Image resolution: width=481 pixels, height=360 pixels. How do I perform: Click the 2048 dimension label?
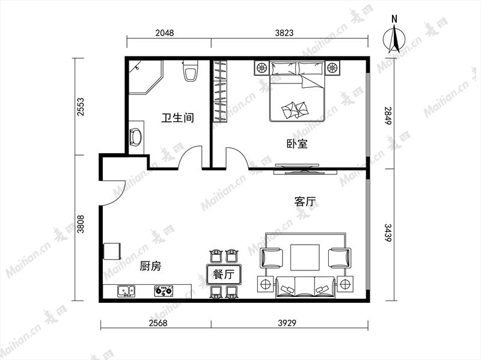point(164,32)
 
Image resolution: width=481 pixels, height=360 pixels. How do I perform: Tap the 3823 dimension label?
point(284,32)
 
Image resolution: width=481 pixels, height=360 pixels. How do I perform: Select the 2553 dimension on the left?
point(81,106)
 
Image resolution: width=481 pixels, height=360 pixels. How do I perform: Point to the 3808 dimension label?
point(81,224)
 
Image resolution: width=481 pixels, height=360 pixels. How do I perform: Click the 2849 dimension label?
point(388,115)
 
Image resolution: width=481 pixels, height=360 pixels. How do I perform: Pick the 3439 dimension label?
point(388,233)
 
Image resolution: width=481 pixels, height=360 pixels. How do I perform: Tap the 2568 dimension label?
point(158,323)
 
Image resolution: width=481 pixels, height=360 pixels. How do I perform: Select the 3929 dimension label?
point(287,323)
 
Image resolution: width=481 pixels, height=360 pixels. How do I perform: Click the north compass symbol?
point(394,37)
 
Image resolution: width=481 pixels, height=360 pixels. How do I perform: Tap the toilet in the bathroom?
point(190,70)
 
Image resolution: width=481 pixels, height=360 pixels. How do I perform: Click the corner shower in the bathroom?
point(145,77)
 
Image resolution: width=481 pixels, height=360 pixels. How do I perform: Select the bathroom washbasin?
point(136,137)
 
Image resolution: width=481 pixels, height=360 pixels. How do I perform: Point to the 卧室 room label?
point(297,144)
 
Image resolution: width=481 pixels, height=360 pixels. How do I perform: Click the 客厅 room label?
point(305,202)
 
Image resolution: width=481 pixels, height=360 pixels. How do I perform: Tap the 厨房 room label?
point(150,266)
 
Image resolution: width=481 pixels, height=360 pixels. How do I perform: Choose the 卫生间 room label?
point(178,117)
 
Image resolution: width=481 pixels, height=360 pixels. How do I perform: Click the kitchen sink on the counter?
point(126,291)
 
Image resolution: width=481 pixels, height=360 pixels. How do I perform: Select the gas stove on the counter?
point(164,291)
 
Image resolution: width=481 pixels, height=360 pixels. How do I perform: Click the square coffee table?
point(305,257)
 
